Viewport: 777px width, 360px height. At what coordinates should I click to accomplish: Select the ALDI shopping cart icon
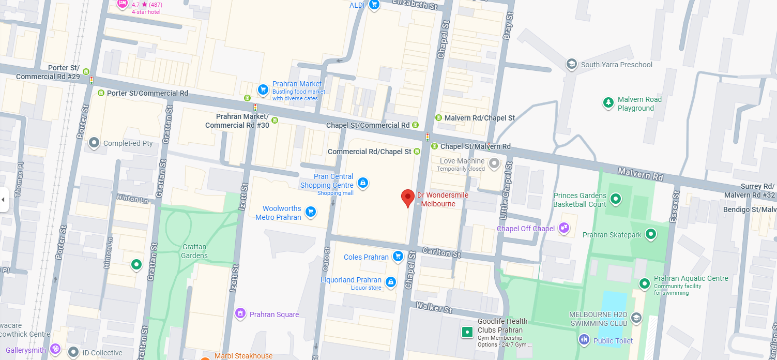pyautogui.click(x=374, y=5)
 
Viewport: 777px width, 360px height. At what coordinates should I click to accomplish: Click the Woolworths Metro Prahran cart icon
pyautogui.click(x=310, y=212)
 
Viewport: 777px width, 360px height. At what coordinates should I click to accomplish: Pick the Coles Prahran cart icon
pyautogui.click(x=398, y=256)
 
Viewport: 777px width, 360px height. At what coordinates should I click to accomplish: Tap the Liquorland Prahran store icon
pyautogui.click(x=391, y=282)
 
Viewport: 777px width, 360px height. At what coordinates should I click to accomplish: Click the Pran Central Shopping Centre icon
pyautogui.click(x=363, y=183)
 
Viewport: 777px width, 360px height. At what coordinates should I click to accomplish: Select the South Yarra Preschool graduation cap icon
pyautogui.click(x=571, y=65)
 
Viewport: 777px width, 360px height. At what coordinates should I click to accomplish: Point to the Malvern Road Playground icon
pyautogui.click(x=608, y=103)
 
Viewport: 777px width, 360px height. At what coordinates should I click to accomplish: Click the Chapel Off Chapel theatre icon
pyautogui.click(x=564, y=228)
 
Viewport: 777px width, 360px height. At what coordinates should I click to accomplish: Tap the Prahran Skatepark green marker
pyautogui.click(x=651, y=234)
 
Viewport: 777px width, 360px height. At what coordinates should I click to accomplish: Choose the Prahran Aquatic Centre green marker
pyautogui.click(x=644, y=283)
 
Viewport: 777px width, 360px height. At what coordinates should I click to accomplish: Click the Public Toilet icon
pyautogui.click(x=584, y=340)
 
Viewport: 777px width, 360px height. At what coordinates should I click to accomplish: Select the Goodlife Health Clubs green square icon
pyautogui.click(x=467, y=332)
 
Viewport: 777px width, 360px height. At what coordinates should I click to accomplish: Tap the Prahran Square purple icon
pyautogui.click(x=240, y=313)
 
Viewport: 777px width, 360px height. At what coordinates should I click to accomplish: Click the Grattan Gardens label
pyautogui.click(x=194, y=251)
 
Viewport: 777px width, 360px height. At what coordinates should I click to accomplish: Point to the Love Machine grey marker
pyautogui.click(x=494, y=164)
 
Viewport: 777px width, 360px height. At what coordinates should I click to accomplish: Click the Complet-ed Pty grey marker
pyautogui.click(x=94, y=143)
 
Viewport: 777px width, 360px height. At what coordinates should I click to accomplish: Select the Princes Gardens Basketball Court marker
pyautogui.click(x=615, y=199)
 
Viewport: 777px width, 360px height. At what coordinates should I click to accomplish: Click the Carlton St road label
pyautogui.click(x=441, y=252)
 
